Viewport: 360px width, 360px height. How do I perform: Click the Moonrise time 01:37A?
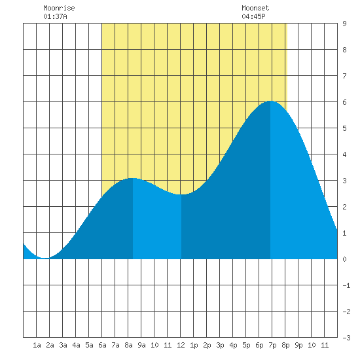coord(55,16)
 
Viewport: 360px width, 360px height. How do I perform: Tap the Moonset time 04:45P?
coord(253,16)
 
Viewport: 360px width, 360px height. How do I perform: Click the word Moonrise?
coord(59,8)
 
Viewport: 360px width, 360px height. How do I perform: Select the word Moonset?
coord(255,8)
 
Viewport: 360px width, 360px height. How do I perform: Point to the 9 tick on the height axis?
coord(344,24)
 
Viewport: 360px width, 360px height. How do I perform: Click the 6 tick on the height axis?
coord(344,102)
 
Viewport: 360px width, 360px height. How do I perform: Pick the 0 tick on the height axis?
coord(344,259)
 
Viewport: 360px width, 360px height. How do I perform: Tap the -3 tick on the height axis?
coord(346,338)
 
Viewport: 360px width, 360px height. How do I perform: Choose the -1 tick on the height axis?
coord(346,285)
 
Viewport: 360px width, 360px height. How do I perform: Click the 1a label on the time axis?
coord(37,345)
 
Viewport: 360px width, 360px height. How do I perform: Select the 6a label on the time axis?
coord(102,345)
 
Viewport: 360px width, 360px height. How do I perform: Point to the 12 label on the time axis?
coord(181,345)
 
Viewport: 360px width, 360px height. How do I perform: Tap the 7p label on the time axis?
coord(272,345)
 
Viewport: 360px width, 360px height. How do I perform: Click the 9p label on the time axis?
coord(298,345)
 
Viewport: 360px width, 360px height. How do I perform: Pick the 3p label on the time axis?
coord(220,345)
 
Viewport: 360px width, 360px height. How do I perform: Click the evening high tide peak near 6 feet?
coord(270,101)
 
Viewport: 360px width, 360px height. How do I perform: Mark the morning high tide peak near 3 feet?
coord(132,178)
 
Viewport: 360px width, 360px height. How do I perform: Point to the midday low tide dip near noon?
coord(181,194)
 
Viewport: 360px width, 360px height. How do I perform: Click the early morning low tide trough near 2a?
coord(45,258)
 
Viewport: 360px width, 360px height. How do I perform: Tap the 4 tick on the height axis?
coord(344,154)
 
